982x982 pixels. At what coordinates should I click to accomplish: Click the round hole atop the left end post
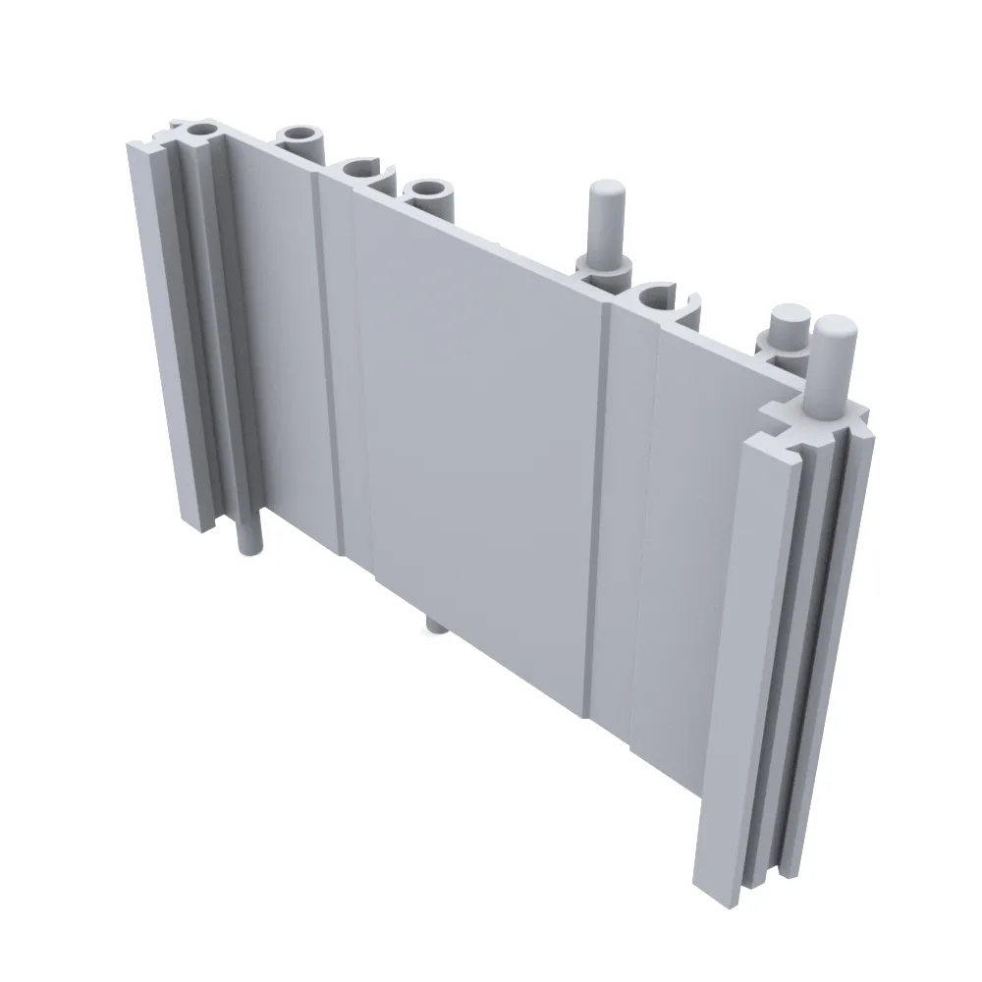tap(201, 130)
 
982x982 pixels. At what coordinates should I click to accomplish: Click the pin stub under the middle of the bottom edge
tap(435, 625)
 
